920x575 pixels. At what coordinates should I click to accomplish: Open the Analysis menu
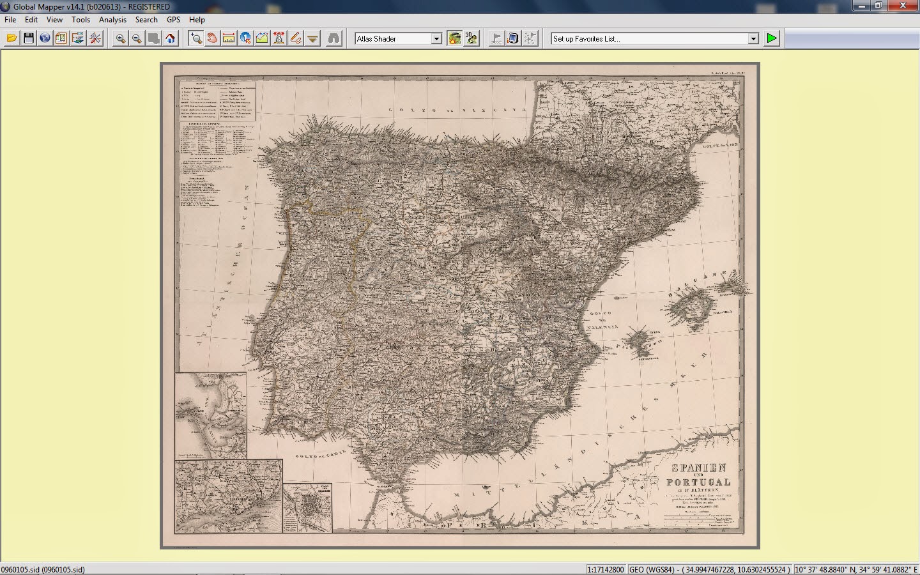(112, 20)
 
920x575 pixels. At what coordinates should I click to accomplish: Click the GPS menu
(173, 20)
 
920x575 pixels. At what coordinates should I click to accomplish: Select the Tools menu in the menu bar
(80, 20)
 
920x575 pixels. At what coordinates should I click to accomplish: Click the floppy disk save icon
(28, 38)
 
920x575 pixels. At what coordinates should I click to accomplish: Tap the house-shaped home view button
(170, 38)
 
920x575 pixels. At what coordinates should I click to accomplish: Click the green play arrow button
(772, 38)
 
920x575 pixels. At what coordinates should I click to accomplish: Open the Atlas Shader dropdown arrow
(436, 39)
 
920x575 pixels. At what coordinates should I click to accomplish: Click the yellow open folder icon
(11, 38)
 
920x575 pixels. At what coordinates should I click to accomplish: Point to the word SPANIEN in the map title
(698, 468)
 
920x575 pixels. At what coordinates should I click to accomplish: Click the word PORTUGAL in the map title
(698, 482)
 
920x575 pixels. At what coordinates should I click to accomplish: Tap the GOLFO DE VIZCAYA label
(458, 111)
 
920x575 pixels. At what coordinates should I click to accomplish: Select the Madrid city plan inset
(307, 508)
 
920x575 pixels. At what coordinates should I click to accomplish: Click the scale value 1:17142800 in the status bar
(606, 569)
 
